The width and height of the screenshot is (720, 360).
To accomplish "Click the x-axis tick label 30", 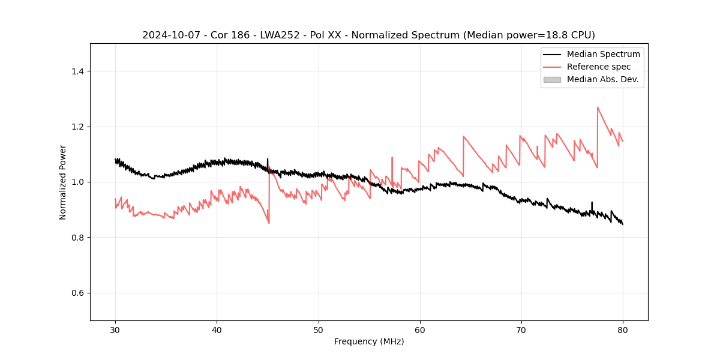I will pos(115,329).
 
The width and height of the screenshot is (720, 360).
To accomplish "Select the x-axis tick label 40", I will pos(217,329).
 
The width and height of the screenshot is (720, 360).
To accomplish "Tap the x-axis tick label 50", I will pos(319,329).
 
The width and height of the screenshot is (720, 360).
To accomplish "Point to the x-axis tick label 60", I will pos(420,329).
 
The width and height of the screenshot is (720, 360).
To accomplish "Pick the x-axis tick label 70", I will pos(521,329).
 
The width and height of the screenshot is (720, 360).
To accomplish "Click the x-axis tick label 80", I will pos(623,329).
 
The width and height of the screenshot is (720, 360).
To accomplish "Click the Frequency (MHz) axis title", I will pos(369,341).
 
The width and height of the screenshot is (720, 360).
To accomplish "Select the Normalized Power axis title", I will pos(63,182).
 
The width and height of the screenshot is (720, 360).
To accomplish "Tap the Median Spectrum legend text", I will pos(603,54).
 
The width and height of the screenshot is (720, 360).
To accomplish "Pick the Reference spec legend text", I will pos(599,67).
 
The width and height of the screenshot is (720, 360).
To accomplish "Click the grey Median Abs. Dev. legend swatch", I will pos(552,79).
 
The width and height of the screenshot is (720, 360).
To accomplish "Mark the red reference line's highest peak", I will pos(598,107).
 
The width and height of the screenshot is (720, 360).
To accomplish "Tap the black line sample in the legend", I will pos(552,54).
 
